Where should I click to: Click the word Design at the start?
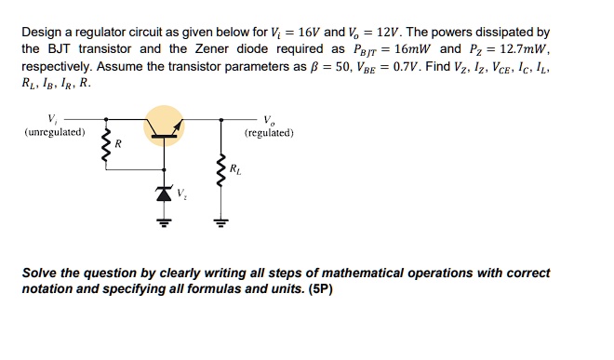click(x=42, y=32)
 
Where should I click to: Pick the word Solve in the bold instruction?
click(x=42, y=273)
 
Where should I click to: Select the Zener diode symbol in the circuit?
click(x=164, y=194)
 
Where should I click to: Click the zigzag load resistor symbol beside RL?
click(x=220, y=171)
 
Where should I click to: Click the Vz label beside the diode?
click(x=182, y=195)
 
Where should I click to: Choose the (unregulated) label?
click(x=55, y=132)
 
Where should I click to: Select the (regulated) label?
click(x=269, y=132)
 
